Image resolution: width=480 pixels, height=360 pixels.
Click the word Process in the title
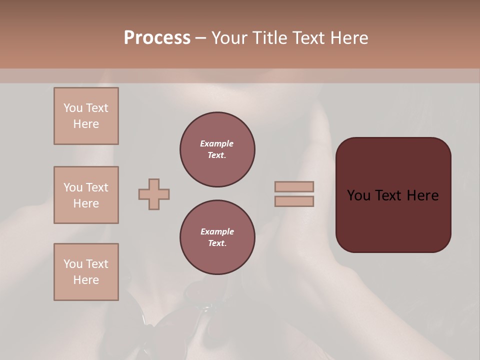[157, 38]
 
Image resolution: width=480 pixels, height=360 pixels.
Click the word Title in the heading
[268, 38]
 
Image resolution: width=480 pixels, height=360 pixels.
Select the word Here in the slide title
[349, 38]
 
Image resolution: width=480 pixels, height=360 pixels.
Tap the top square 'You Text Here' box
[86, 116]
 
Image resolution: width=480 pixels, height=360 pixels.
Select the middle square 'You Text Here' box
[86, 195]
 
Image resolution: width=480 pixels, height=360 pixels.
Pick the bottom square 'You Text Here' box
[86, 272]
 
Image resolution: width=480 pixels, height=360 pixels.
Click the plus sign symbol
[154, 194]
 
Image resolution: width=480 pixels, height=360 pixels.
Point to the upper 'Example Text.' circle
[217, 149]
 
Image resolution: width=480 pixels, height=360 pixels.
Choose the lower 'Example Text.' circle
[217, 237]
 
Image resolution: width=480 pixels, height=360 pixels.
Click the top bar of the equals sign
[294, 186]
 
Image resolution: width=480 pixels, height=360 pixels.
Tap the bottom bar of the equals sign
[294, 201]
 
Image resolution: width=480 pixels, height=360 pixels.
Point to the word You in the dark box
[358, 195]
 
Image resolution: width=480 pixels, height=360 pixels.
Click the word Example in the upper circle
[217, 143]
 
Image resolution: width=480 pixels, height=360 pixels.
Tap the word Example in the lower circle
[217, 231]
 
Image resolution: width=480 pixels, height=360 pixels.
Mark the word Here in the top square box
[86, 124]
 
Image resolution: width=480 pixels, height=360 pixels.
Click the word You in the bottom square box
[73, 264]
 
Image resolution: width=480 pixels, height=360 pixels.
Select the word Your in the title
[230, 38]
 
